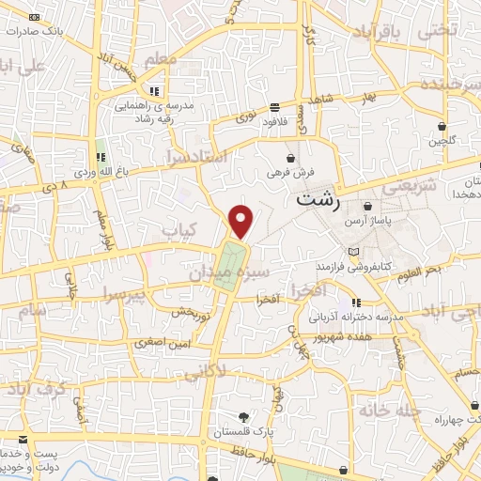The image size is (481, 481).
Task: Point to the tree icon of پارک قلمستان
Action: pyautogui.click(x=244, y=416)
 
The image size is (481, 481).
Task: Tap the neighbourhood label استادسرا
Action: pyautogui.click(x=196, y=154)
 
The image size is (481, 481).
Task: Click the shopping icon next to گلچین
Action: pyautogui.click(x=441, y=126)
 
